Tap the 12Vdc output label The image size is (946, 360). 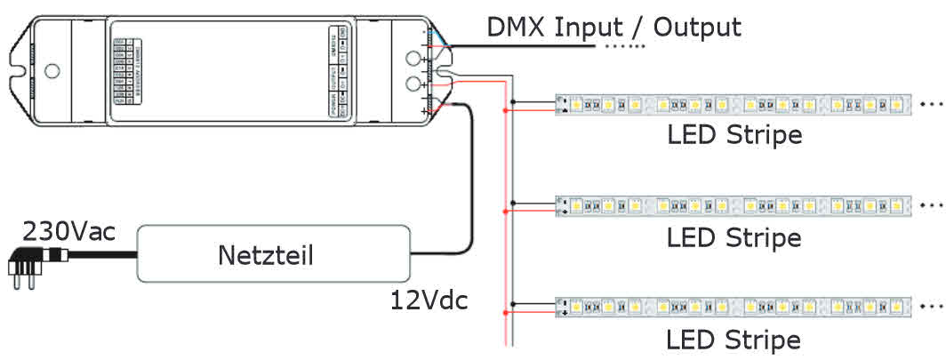click(x=429, y=300)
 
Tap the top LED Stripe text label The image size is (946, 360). click(x=734, y=136)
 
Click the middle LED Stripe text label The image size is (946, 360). click(x=734, y=237)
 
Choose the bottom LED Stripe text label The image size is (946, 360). click(x=734, y=340)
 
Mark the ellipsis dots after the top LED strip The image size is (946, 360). click(x=933, y=103)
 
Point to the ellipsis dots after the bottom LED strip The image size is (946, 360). click(x=933, y=307)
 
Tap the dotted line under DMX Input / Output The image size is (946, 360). click(x=624, y=45)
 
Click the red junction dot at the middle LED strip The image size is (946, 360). click(x=505, y=212)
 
